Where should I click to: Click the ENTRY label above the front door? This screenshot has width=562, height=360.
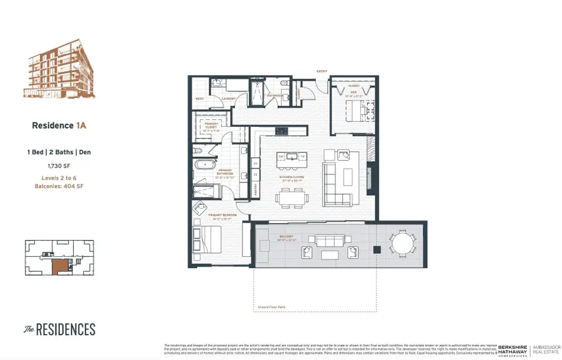322,71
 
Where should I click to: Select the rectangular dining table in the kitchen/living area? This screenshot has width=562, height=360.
292,198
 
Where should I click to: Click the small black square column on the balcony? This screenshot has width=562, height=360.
377,249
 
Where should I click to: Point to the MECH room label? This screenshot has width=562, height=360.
200,98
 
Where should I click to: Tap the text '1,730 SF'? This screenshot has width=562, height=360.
58,166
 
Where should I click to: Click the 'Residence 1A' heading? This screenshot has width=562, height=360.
59,126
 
